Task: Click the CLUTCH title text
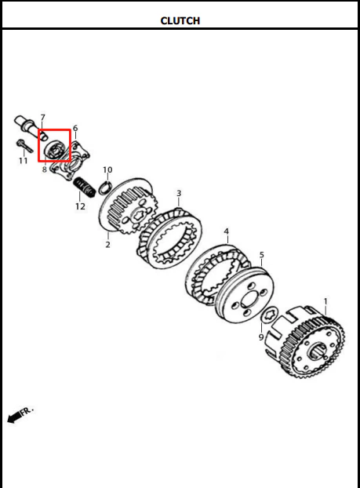click(x=180, y=21)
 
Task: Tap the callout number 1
click(x=325, y=301)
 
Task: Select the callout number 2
click(x=107, y=245)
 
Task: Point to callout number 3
click(x=179, y=193)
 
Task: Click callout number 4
click(x=226, y=231)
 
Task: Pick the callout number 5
click(x=261, y=255)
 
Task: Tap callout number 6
click(x=75, y=128)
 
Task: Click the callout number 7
click(x=42, y=118)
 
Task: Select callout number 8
click(x=45, y=169)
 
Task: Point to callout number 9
click(x=261, y=337)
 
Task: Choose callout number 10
click(x=107, y=170)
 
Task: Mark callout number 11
click(x=23, y=161)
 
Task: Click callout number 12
click(x=80, y=206)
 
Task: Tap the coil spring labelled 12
click(x=84, y=188)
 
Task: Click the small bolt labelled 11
click(x=24, y=146)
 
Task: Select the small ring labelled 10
click(x=104, y=188)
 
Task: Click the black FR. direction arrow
click(x=14, y=417)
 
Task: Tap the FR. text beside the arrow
click(x=27, y=411)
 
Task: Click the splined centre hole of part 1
click(x=317, y=351)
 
